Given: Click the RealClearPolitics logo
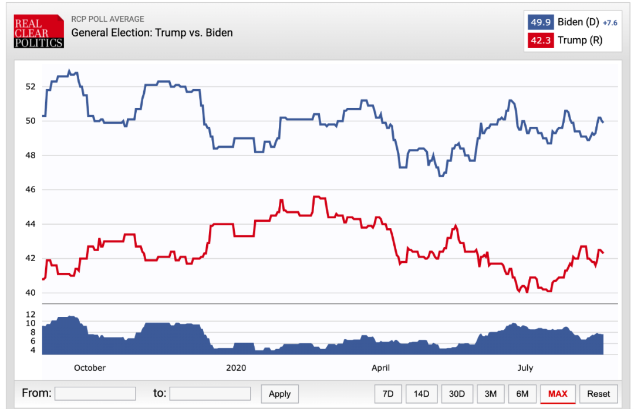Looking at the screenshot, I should (39, 32).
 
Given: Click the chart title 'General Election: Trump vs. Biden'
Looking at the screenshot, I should (152, 33).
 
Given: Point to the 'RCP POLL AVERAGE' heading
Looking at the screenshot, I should (107, 19).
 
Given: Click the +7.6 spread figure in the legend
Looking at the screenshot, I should (610, 23).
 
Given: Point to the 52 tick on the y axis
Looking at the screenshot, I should (31, 87).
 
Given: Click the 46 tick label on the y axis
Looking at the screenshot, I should (31, 190).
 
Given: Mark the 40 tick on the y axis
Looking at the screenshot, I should (31, 293).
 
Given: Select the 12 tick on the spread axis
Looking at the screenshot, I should (31, 314).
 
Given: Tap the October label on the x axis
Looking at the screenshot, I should (90, 368).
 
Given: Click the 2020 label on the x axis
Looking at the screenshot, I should (236, 368).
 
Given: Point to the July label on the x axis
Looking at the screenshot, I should (525, 368).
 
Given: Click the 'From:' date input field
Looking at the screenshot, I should (95, 393).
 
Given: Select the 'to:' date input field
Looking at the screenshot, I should (210, 393).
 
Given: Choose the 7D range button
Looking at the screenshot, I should (388, 394).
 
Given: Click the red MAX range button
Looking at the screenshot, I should (558, 394).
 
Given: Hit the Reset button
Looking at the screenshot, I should (599, 394).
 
